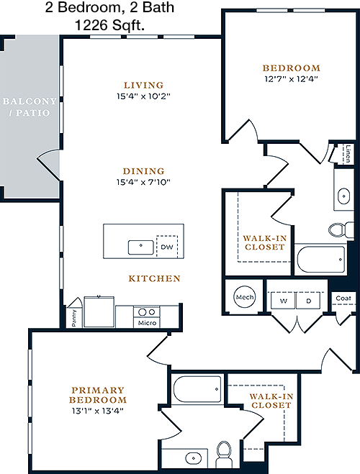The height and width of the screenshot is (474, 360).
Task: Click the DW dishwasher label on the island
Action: click(x=167, y=247)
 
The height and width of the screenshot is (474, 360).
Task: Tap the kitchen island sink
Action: click(x=141, y=247)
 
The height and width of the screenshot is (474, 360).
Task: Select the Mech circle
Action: click(x=245, y=297)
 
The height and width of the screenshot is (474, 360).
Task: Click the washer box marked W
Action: click(x=283, y=301)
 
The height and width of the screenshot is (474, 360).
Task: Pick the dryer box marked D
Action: click(x=308, y=301)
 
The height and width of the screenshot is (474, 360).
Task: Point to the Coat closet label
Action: click(x=343, y=298)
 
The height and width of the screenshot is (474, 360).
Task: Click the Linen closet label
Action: click(x=348, y=154)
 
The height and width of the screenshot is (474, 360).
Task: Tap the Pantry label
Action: click(x=74, y=318)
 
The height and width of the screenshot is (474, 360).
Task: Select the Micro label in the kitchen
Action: click(x=147, y=323)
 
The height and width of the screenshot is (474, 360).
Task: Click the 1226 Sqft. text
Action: click(x=109, y=25)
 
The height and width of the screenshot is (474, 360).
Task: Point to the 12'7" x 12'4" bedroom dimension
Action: click(x=291, y=79)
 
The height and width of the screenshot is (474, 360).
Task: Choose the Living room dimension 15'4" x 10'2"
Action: click(x=144, y=96)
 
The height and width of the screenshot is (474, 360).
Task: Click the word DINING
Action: click(x=144, y=171)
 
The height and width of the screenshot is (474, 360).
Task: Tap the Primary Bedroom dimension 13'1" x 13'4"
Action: click(x=98, y=411)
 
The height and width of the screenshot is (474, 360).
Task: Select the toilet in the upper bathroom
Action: click(x=341, y=229)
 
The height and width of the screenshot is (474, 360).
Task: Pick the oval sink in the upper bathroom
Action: click(x=343, y=196)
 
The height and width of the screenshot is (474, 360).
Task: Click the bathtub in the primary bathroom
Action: click(x=197, y=388)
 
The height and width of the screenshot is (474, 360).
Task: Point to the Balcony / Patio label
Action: click(x=30, y=106)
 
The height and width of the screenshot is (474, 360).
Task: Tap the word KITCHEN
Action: click(x=154, y=278)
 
